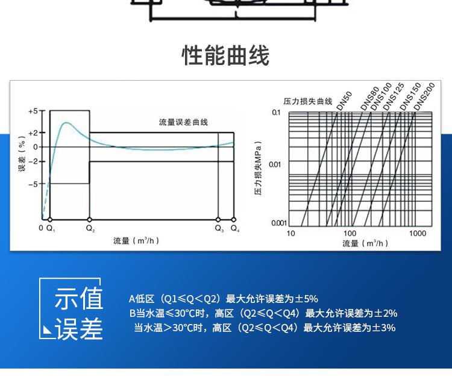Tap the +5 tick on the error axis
[x=34, y=111]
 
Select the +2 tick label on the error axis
[x=34, y=132]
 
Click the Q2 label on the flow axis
[x=90, y=228]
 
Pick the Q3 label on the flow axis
[x=219, y=228]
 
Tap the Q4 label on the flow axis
[x=234, y=228]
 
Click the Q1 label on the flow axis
[x=51, y=228]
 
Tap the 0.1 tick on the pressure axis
[x=277, y=113]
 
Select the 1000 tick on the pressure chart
[x=418, y=233]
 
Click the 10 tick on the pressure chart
[x=291, y=233]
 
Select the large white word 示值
[x=79, y=299]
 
